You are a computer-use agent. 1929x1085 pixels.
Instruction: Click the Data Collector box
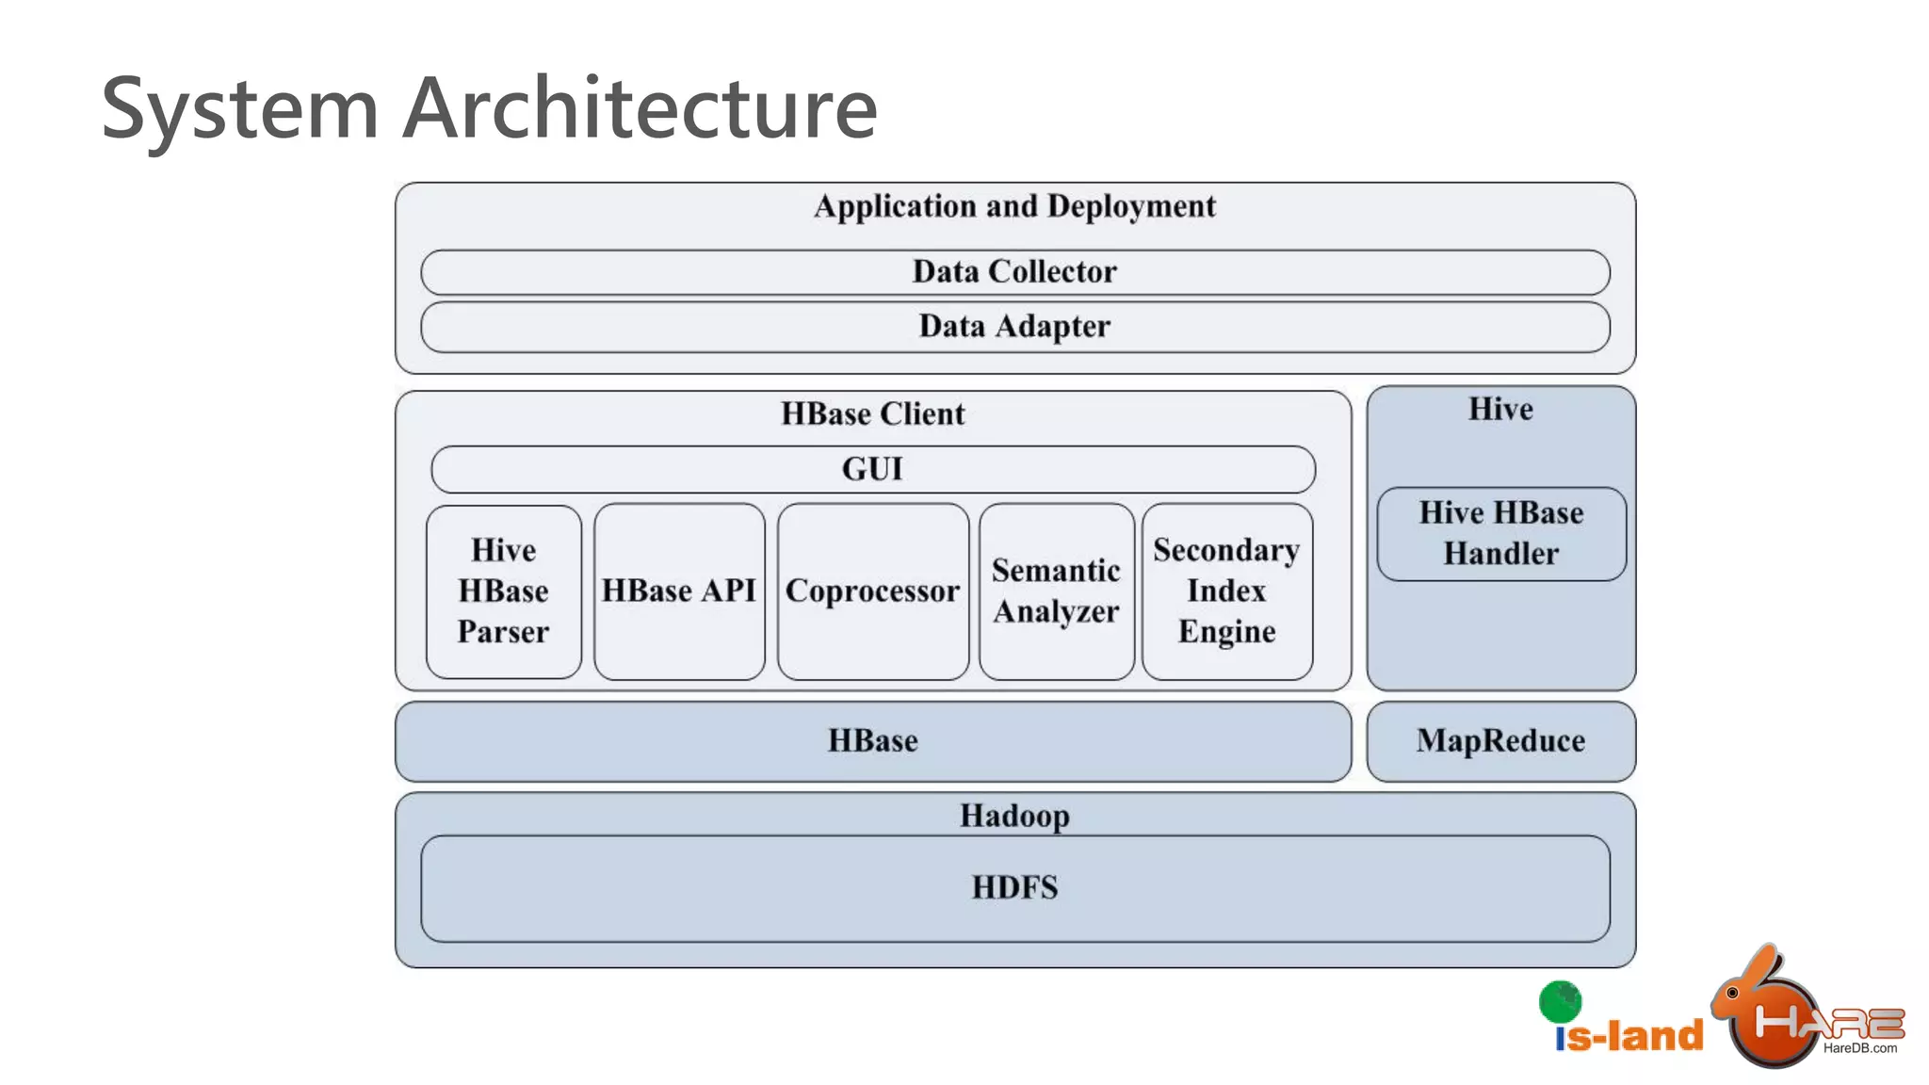click(1014, 272)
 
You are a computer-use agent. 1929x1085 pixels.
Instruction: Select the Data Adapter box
click(1014, 327)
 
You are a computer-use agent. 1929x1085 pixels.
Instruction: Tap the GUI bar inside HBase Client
click(872, 469)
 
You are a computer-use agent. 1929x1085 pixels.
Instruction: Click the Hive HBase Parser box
click(503, 591)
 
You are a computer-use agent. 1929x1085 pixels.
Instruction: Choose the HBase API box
click(679, 591)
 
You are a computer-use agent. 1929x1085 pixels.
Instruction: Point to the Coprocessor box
click(872, 591)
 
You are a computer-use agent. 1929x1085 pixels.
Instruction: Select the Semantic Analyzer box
click(1056, 591)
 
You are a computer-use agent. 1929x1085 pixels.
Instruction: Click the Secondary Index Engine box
click(1226, 591)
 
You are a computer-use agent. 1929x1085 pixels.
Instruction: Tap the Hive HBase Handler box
click(1500, 533)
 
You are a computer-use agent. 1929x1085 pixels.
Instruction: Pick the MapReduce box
click(1500, 741)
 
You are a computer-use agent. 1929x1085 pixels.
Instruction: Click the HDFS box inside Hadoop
click(1014, 888)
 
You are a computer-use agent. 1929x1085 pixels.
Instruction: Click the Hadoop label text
click(1014, 816)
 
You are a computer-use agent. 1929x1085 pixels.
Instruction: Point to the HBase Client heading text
click(872, 414)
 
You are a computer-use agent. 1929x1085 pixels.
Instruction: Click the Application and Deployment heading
click(1014, 206)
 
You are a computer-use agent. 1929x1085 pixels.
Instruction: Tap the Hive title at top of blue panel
click(1500, 410)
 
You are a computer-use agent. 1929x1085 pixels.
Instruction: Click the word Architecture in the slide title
click(640, 108)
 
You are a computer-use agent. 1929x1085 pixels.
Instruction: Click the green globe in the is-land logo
click(1560, 1001)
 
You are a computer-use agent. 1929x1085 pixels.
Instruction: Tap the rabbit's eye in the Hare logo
click(1731, 993)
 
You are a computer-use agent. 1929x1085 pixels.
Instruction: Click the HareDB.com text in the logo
click(1859, 1048)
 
